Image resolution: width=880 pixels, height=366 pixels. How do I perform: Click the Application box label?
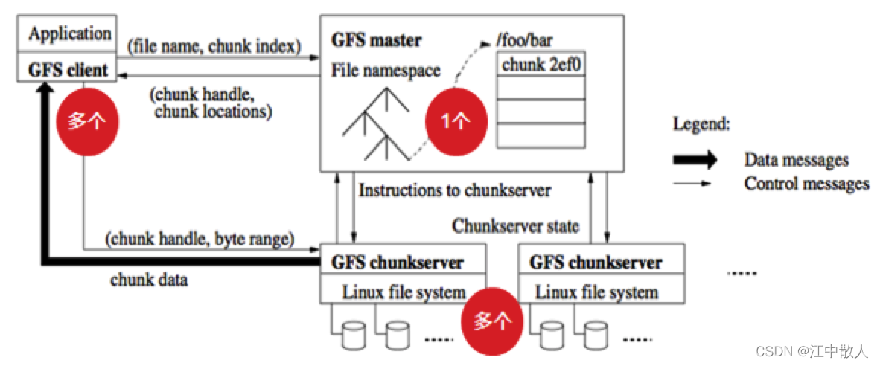point(70,33)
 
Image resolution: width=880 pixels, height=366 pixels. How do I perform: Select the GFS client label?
point(68,71)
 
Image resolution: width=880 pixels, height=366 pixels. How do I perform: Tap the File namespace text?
point(386,71)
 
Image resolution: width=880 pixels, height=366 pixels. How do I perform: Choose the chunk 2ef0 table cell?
point(541,65)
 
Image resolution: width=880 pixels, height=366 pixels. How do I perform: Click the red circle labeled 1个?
point(454,121)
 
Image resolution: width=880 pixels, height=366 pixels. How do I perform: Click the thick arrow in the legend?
point(695,160)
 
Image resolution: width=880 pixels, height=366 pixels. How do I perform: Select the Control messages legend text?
point(806,183)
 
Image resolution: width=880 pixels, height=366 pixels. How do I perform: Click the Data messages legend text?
point(796,160)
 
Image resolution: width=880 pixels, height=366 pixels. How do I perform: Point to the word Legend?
point(702,124)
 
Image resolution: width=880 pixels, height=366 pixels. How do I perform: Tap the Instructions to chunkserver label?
point(454,190)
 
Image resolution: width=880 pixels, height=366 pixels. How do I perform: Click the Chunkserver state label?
point(515,225)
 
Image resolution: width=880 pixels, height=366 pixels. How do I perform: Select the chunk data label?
point(149,280)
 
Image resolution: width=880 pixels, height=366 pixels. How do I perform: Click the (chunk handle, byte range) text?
point(200,240)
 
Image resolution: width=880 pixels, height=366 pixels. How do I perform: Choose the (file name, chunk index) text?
point(214,46)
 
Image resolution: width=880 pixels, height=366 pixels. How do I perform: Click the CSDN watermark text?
point(812,350)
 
